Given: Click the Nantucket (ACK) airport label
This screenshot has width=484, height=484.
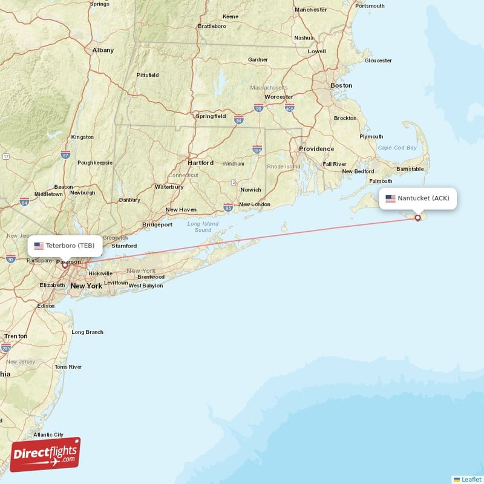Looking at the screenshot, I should (x=423, y=198).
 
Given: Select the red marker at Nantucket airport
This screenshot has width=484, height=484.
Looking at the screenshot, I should (x=417, y=218).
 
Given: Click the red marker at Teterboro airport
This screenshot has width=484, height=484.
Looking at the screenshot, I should (x=65, y=265).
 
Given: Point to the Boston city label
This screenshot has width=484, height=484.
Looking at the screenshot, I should (x=341, y=85).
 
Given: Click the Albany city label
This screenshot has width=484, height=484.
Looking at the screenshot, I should (x=103, y=50).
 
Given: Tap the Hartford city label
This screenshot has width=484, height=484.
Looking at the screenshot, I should (x=200, y=163).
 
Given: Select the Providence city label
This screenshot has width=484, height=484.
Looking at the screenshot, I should (x=316, y=148).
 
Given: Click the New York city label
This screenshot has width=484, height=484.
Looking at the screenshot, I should (x=86, y=286).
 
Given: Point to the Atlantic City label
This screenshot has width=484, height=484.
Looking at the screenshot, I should (x=48, y=434).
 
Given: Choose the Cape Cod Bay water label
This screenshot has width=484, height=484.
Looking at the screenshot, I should (x=397, y=148).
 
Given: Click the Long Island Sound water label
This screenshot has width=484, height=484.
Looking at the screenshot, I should (x=203, y=227).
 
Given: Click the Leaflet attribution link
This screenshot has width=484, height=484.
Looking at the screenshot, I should (x=471, y=479).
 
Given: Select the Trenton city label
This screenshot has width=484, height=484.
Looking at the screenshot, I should (x=15, y=336).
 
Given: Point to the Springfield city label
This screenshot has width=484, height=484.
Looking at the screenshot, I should (x=211, y=116).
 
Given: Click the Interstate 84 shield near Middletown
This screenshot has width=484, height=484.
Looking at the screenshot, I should (x=24, y=201).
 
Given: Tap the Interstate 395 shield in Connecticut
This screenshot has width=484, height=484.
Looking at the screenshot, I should (x=257, y=148).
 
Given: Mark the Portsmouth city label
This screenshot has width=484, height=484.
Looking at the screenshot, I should (x=370, y=6).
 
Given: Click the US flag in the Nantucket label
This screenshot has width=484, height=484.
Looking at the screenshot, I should (x=390, y=198).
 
